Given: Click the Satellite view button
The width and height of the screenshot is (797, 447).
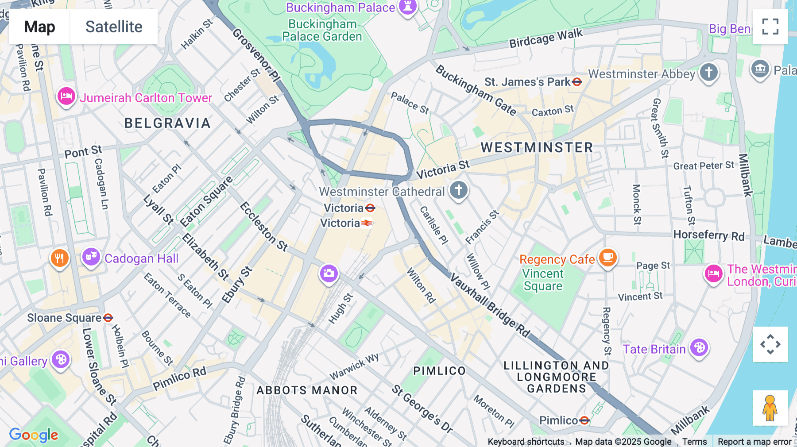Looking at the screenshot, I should (114, 27).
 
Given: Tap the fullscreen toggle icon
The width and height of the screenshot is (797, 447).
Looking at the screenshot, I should (770, 27).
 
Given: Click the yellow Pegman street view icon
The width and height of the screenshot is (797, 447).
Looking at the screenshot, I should (770, 408).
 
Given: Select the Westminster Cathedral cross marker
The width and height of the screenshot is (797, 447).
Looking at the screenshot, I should (459, 190).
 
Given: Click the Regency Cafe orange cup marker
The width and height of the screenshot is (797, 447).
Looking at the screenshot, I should (607, 257).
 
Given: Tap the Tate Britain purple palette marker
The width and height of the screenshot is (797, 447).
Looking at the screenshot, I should (699, 348).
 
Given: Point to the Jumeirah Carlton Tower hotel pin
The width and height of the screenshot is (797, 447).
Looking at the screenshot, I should (66, 96).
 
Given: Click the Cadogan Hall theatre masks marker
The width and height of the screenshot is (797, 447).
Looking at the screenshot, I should (91, 257).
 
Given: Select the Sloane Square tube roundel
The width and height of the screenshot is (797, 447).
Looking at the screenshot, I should (108, 318).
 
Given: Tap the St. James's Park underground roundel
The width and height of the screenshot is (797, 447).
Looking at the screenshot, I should (576, 82).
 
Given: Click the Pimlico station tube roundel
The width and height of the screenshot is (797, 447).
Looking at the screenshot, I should (584, 420).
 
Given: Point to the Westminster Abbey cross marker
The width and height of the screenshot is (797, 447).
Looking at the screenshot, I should (708, 72).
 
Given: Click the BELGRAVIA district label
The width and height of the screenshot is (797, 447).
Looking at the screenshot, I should (167, 123).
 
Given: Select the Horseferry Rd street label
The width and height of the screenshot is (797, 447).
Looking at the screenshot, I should (708, 235).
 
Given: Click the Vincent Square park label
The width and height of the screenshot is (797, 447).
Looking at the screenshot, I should (543, 280).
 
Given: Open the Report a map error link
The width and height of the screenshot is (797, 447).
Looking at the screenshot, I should (754, 442).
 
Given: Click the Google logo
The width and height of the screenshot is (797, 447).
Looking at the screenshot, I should (34, 435).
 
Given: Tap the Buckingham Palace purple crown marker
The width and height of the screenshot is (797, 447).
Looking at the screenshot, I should (407, 7).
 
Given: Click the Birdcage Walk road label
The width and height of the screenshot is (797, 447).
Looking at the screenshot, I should (546, 38).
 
